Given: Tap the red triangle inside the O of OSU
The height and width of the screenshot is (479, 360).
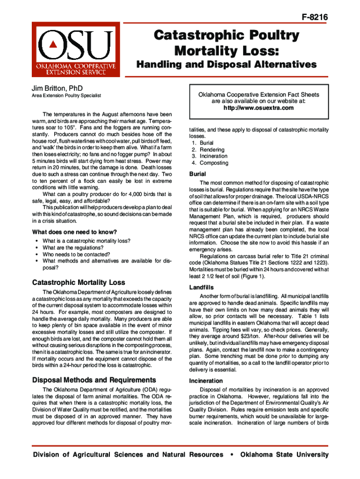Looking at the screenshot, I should (x=53, y=44).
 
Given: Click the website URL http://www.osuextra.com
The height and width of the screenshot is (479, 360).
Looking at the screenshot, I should (x=259, y=108).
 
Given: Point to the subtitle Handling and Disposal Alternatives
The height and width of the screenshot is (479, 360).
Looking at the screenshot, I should (x=226, y=64).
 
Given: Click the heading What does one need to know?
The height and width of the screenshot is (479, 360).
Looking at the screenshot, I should (x=74, y=232).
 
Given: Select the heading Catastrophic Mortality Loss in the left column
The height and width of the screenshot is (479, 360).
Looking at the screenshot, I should (x=78, y=283).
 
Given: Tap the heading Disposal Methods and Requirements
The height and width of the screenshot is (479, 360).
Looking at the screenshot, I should (x=94, y=380).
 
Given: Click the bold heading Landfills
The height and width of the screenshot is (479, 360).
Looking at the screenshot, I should (x=202, y=287).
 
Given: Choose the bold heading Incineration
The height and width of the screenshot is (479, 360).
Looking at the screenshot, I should (x=206, y=381).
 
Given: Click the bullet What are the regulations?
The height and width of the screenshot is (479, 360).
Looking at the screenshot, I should (x=72, y=247).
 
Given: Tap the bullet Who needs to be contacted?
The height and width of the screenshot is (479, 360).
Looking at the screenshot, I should (x=76, y=254).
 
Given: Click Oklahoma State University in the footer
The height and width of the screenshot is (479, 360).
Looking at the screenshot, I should (x=284, y=455).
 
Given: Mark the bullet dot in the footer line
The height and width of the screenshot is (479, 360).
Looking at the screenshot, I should (x=231, y=455).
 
